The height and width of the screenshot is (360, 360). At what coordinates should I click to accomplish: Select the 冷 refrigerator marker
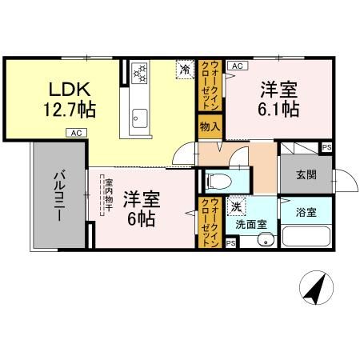(185, 70)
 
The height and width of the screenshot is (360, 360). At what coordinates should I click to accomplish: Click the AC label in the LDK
(74, 133)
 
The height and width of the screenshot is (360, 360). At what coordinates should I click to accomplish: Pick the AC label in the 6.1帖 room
(237, 66)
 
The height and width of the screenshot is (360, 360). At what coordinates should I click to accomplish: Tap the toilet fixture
(215, 178)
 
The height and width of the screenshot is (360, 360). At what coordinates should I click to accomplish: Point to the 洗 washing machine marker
(238, 206)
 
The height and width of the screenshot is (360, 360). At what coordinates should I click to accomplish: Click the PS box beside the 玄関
(326, 147)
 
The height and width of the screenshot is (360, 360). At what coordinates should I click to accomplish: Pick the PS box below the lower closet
(230, 243)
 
